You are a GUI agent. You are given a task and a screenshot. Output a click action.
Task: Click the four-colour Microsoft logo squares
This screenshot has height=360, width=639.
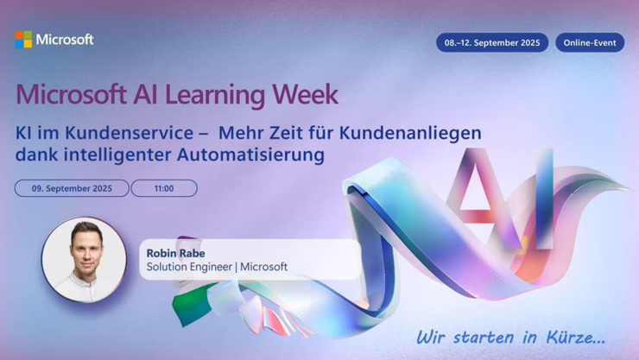(x=23, y=40)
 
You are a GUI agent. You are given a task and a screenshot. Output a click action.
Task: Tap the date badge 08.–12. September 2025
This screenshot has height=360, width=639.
(x=491, y=42)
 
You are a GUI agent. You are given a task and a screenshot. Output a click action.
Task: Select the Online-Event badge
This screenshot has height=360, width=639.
(x=589, y=42)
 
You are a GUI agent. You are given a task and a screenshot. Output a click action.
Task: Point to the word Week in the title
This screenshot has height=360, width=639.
(x=307, y=93)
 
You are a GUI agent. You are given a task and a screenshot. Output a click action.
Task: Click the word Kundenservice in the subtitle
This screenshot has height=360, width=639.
(x=116, y=135)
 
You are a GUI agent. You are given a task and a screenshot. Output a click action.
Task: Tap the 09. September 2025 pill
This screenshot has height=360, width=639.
(x=72, y=188)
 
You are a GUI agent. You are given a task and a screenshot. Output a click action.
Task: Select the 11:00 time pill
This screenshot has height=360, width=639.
(x=164, y=188)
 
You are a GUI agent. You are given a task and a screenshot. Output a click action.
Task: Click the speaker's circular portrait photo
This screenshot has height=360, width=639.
(x=84, y=259)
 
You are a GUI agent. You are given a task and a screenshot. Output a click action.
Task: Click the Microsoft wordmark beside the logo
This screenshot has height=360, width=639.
(x=65, y=40)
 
